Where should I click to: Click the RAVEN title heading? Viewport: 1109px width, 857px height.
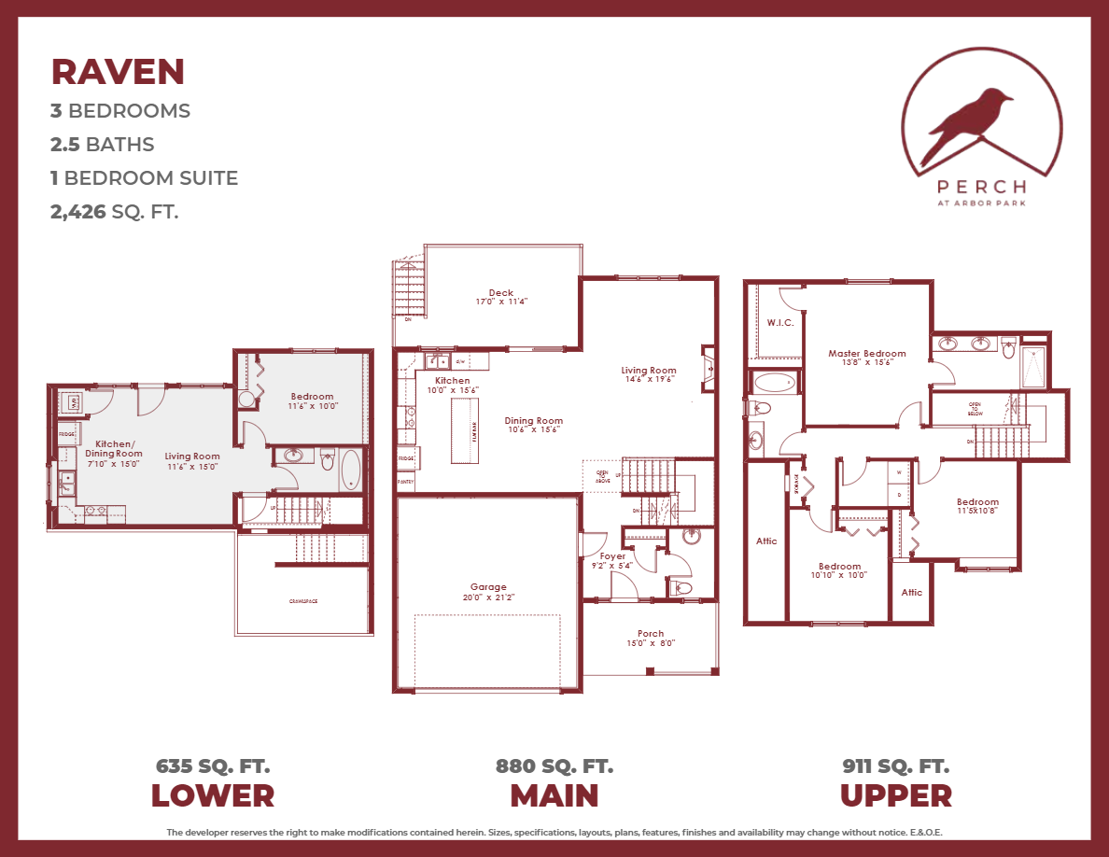point(118,72)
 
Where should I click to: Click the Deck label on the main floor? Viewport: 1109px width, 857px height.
point(501,293)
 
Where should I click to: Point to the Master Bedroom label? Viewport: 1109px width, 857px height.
point(866,354)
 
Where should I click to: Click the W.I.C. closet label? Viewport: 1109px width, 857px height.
point(779,323)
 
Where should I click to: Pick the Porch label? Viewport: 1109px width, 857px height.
point(651,634)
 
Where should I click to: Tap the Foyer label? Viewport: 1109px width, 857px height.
point(612,556)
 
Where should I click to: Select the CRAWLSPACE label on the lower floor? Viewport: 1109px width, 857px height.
point(302,601)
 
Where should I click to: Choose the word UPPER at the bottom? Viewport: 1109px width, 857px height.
point(895,796)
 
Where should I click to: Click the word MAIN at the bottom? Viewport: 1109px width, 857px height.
point(554,796)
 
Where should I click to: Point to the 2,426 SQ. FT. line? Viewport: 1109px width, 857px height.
point(114,212)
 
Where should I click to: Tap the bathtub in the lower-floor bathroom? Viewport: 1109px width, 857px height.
point(351,470)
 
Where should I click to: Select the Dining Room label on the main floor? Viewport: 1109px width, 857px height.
point(534,421)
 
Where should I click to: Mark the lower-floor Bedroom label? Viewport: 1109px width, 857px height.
point(312,397)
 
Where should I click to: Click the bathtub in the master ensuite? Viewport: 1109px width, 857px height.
point(773,382)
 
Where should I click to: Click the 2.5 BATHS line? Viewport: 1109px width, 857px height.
point(102,145)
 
